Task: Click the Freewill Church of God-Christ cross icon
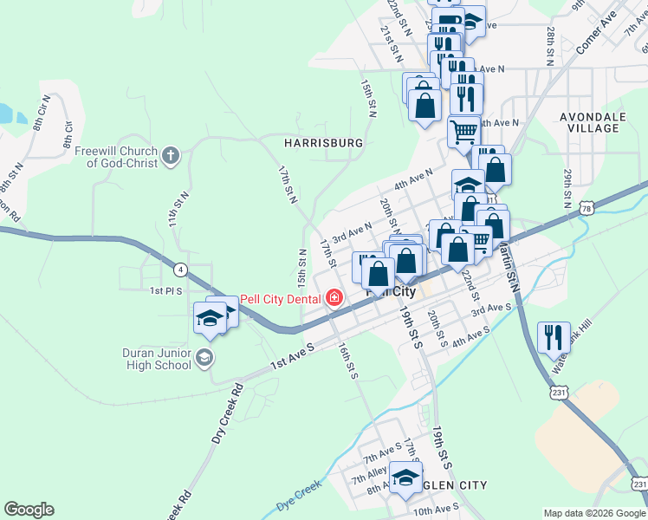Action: pyautogui.click(x=172, y=156)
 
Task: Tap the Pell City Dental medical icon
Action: pyautogui.click(x=334, y=299)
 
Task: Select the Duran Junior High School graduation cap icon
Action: pyautogui.click(x=204, y=357)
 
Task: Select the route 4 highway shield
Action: pyautogui.click(x=180, y=269)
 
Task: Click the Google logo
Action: pyautogui.click(x=29, y=510)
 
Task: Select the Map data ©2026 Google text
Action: pyautogui.click(x=593, y=513)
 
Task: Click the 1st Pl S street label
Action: pyautogui.click(x=166, y=291)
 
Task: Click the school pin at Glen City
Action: pyautogui.click(x=405, y=478)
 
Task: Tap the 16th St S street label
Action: pyautogui.click(x=348, y=360)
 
